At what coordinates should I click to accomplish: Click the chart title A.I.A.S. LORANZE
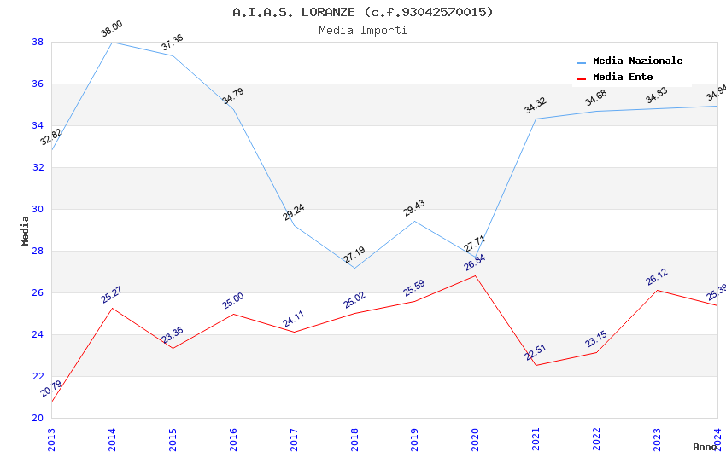(362, 12)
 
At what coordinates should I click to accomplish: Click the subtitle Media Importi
(362, 31)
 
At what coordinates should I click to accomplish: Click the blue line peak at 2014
(112, 42)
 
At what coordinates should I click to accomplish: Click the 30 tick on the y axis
(38, 209)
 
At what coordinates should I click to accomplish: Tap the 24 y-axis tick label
(38, 334)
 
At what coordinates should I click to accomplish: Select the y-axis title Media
(25, 230)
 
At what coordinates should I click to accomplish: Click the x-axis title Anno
(705, 447)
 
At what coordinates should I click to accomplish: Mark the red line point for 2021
(536, 366)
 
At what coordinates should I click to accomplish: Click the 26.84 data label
(474, 263)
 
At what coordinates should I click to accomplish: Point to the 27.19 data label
(354, 255)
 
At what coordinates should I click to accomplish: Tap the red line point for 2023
(657, 290)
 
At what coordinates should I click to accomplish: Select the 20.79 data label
(51, 389)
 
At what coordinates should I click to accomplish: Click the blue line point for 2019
(415, 221)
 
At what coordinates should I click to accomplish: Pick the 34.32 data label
(535, 107)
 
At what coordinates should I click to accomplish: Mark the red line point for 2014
(112, 308)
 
